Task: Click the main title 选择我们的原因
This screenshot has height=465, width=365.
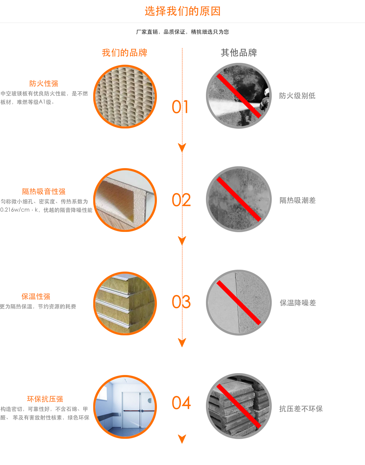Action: (182, 11)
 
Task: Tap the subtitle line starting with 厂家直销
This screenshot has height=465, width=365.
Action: (182, 32)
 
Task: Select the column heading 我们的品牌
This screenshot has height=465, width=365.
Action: (125, 53)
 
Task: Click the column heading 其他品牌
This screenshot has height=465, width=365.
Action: (239, 53)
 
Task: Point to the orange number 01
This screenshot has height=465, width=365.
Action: (180, 107)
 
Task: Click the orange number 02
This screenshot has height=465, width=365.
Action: (181, 200)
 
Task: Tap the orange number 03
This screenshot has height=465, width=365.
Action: (181, 302)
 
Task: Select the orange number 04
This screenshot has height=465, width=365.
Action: (181, 403)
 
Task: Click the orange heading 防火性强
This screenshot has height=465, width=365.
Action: (44, 83)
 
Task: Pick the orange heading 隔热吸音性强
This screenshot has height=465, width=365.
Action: (44, 191)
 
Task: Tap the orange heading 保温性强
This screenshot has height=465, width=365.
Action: (36, 297)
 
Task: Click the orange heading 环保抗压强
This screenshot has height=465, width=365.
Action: (45, 399)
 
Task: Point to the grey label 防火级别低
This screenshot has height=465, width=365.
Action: (297, 96)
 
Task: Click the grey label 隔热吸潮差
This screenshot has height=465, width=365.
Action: (297, 200)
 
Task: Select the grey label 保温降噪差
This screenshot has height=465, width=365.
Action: (298, 303)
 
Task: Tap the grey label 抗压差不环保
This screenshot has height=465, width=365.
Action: (301, 409)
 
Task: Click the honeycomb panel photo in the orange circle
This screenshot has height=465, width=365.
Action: (125, 97)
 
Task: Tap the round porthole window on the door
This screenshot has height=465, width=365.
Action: (150, 400)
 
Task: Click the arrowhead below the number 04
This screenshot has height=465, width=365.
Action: (182, 439)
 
